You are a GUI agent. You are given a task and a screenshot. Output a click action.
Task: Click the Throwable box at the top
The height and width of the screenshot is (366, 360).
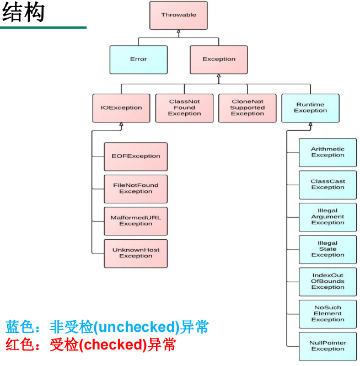pos(179,15)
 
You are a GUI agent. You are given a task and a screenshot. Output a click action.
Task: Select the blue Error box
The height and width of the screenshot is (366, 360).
pos(138,60)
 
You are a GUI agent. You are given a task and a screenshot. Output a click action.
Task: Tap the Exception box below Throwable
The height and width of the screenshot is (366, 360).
pos(219,60)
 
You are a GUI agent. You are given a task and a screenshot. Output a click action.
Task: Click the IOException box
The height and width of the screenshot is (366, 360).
pos(121,108)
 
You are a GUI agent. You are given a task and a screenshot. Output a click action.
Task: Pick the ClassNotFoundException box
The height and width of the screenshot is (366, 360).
pos(184,108)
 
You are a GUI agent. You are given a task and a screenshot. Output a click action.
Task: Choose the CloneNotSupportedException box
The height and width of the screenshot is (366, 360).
pos(248,108)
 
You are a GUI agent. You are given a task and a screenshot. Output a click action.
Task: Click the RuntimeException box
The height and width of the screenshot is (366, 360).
pos(310,108)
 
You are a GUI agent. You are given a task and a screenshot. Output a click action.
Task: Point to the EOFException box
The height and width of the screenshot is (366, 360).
pos(136,157)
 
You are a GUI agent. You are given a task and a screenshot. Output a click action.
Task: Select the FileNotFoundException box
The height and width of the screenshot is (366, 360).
pos(136,189)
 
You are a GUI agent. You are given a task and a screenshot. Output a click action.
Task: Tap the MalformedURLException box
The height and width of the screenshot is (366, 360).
pos(136,221)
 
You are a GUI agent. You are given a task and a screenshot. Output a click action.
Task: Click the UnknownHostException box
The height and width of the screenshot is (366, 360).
pos(136,253)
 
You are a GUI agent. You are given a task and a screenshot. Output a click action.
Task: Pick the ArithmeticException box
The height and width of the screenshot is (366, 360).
pos(327,152)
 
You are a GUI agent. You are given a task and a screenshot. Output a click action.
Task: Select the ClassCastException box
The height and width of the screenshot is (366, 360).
pos(327,185)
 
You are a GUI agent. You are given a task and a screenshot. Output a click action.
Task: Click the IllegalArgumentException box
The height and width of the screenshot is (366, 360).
pos(327,217)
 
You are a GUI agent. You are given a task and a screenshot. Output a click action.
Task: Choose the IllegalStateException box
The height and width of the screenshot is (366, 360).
pos(327,249)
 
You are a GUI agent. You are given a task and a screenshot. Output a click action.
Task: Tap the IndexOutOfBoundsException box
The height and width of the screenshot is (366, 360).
pos(327,282)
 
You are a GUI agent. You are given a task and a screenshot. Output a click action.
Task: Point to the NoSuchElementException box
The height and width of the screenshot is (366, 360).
pos(327,314)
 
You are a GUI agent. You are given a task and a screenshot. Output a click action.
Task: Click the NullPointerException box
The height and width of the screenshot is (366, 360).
pos(327,346)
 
